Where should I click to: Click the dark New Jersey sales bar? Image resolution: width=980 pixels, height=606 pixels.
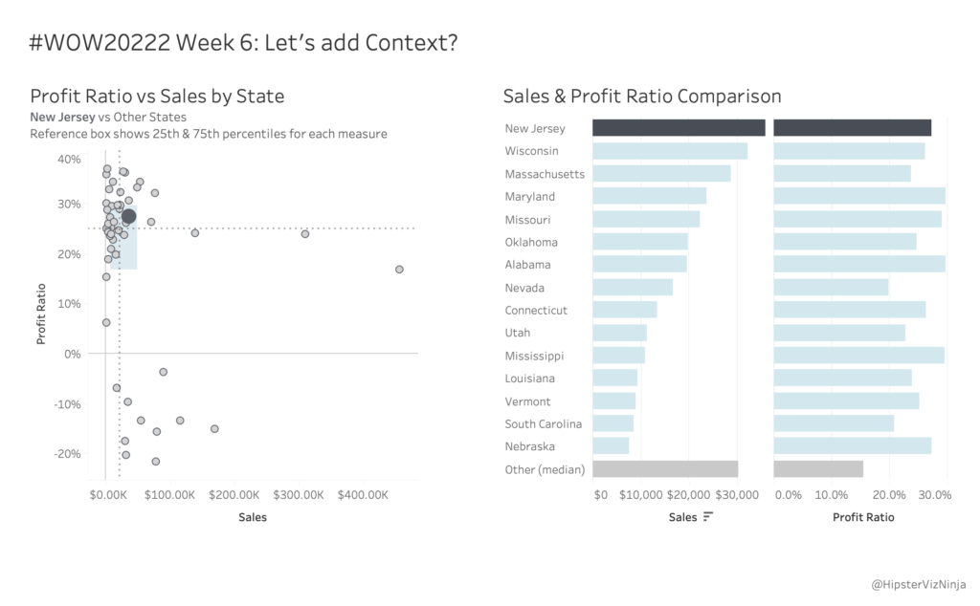pos(679,128)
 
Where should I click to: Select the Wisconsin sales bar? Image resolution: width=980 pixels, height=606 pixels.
pos(670,151)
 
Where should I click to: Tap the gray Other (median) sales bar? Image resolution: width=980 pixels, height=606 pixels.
pos(665,469)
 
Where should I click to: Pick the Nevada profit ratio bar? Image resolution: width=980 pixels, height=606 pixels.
pos(831,288)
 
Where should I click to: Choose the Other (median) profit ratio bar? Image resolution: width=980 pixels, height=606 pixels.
pos(818,469)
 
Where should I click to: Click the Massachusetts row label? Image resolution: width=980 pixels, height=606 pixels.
pos(545,174)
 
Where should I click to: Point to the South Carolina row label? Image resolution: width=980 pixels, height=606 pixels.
pos(543,423)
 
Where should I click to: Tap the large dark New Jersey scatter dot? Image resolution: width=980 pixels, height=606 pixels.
pos(129,217)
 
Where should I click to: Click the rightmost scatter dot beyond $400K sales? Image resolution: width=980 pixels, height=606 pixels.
pos(399,270)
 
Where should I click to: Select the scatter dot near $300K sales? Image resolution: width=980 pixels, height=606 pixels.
pos(305,234)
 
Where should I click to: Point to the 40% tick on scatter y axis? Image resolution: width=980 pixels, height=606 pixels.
pos(69,159)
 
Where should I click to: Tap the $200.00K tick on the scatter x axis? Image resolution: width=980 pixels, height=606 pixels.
pos(234,495)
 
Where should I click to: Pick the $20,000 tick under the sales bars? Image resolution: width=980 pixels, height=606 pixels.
pos(688,495)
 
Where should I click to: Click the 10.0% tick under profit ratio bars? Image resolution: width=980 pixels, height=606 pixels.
pos(832,495)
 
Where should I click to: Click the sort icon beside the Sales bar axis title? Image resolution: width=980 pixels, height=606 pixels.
pos(708,517)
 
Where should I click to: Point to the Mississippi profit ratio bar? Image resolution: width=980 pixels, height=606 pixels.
pos(858,356)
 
